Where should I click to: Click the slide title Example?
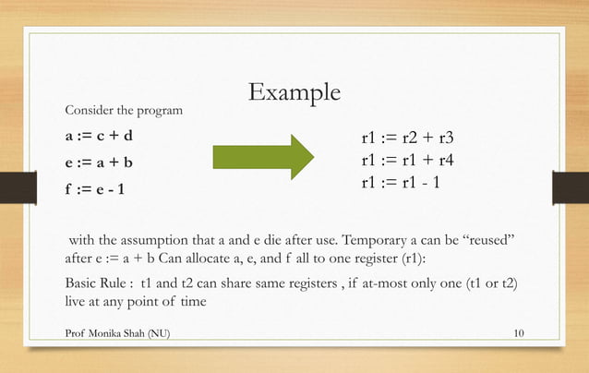pos(294,93)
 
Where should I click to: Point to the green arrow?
pos(263,157)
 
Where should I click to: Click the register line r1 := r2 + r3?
pos(408,139)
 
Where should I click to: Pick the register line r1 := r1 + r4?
pos(408,160)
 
